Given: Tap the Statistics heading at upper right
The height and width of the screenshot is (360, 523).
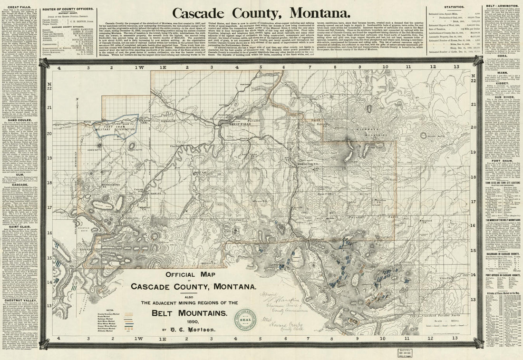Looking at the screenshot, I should tap(454, 8).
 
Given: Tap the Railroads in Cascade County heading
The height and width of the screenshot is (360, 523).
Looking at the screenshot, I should tap(502, 255).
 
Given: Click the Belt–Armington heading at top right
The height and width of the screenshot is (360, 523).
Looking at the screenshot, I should tap(502, 5).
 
